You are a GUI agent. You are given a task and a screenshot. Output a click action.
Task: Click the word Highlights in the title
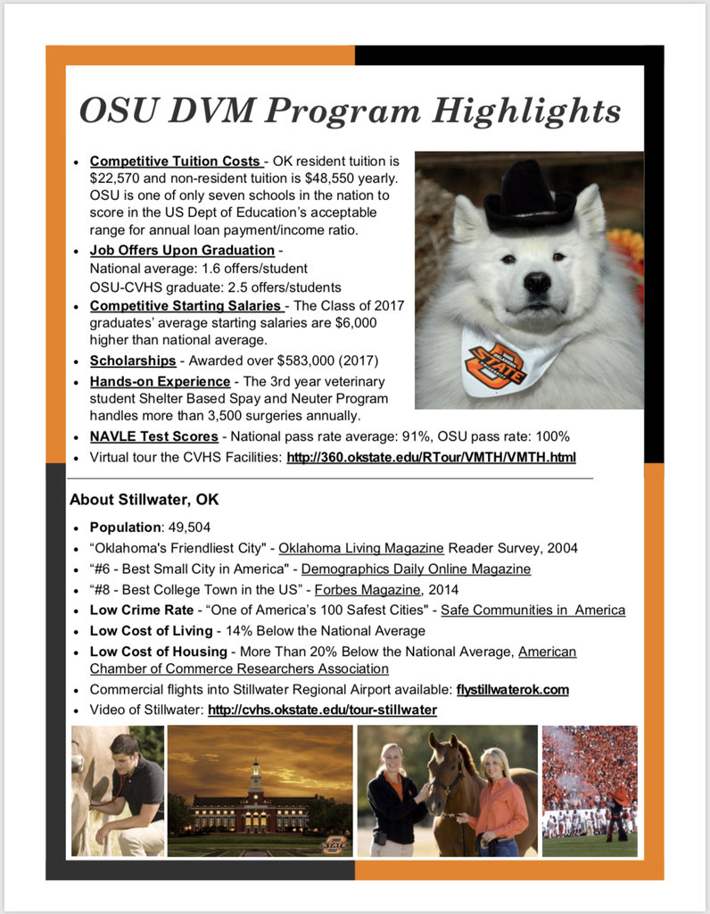[x=526, y=112]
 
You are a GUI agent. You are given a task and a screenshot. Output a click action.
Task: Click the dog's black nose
[x=536, y=283]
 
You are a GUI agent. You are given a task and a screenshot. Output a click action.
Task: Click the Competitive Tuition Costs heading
[x=176, y=162]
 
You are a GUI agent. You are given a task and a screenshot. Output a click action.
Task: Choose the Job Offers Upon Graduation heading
[x=182, y=251]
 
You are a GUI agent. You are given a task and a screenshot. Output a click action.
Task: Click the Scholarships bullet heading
[x=133, y=361]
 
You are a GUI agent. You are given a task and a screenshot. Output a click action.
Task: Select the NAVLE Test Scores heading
[x=153, y=436]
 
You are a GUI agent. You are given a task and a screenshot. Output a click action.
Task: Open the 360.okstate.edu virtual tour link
[x=431, y=458]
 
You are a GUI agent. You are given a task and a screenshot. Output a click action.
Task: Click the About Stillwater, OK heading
[x=144, y=499]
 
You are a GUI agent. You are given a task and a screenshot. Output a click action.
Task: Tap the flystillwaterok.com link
[x=512, y=689]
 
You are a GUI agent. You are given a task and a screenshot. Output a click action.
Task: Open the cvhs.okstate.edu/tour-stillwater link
[x=322, y=710]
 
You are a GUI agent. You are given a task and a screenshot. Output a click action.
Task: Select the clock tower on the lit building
[x=256, y=775]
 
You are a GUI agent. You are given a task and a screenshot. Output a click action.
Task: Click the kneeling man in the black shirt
[x=129, y=785]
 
